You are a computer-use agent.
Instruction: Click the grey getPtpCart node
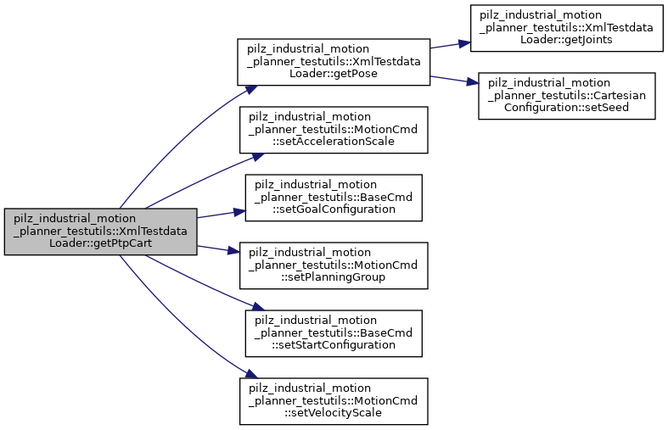click(100, 232)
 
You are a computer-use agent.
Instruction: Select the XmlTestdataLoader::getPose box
click(334, 60)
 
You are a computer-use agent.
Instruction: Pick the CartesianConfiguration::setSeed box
click(566, 95)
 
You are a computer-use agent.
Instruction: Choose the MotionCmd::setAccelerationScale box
click(333, 128)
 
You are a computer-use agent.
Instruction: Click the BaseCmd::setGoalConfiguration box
click(333, 198)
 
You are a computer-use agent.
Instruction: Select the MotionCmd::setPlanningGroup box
click(333, 265)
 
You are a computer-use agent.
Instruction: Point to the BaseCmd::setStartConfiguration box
click(333, 332)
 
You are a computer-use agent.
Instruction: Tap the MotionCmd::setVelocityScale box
click(333, 399)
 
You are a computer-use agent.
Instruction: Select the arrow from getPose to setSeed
click(453, 79)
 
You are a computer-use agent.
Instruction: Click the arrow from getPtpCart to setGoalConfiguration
click(219, 215)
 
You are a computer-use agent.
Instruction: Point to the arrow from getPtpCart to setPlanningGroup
click(219, 248)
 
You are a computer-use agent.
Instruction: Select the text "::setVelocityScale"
click(333, 412)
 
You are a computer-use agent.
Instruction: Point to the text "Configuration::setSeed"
click(566, 108)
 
